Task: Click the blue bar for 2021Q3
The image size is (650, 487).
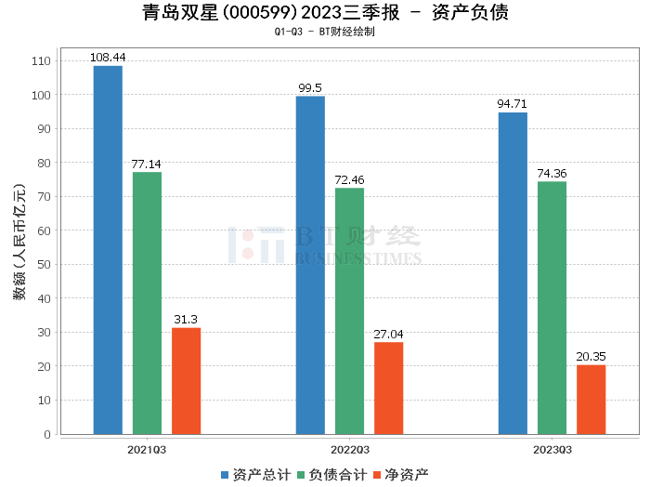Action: click(x=108, y=250)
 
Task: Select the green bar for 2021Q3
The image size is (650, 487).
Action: click(x=147, y=303)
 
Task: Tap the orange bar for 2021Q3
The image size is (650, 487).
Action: click(x=186, y=381)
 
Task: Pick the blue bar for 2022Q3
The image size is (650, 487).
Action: click(x=310, y=265)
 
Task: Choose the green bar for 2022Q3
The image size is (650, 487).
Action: click(x=349, y=311)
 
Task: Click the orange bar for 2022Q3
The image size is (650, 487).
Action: click(x=388, y=388)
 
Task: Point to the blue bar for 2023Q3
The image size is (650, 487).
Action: click(x=513, y=273)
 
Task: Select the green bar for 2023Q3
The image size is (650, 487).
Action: click(x=552, y=308)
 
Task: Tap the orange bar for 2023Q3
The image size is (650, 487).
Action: click(x=591, y=400)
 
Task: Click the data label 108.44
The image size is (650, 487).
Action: click(x=108, y=58)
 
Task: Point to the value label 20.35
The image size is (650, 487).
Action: click(x=591, y=357)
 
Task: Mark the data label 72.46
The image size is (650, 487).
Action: click(x=349, y=180)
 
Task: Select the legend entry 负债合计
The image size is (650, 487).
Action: click(x=331, y=475)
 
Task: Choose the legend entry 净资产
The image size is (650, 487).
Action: click(x=401, y=475)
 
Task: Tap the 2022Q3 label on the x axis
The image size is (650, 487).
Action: click(x=349, y=450)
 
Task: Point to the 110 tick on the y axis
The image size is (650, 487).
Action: click(x=43, y=61)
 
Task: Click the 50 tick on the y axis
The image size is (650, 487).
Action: click(x=45, y=265)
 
